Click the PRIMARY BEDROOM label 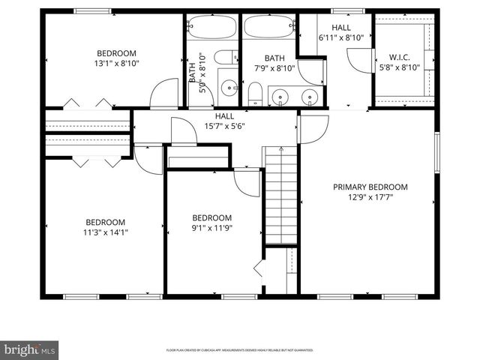370,187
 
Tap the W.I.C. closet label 404,57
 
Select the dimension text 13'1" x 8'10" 116,63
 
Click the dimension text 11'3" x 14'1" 105,232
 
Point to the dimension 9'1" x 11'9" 212,228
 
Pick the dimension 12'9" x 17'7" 370,197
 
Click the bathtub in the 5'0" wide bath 211,26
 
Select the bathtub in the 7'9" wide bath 268,26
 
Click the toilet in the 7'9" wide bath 255,93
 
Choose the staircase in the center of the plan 281,195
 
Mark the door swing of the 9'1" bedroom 248,183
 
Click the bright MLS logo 29,349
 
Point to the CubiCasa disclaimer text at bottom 239,349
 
